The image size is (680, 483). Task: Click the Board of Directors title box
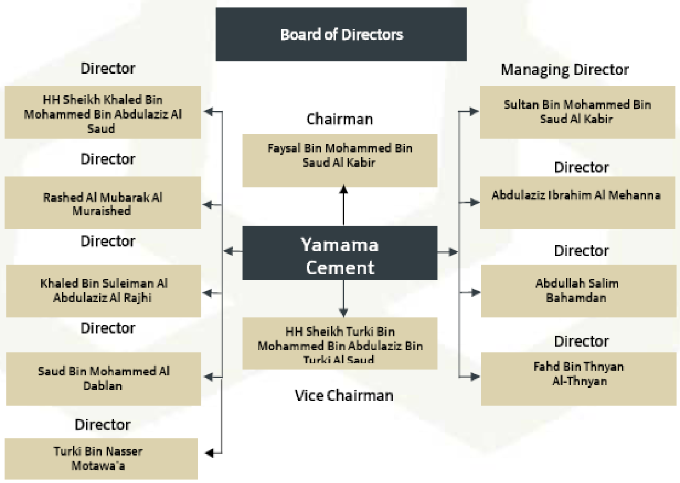tap(341, 34)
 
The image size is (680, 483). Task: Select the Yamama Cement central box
tap(339, 253)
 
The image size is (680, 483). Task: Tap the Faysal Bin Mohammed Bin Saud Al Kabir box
tap(339, 160)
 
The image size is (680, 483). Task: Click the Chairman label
tap(339, 119)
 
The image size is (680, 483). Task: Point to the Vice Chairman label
tap(344, 395)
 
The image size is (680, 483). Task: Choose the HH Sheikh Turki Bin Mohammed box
tap(339, 343)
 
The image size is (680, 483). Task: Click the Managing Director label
tap(565, 70)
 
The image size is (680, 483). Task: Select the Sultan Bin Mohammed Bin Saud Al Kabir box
tap(577, 112)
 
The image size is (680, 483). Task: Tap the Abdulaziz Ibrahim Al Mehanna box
tap(577, 202)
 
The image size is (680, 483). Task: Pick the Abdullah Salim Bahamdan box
tap(578, 290)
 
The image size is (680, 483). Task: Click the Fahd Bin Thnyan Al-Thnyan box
tap(578, 379)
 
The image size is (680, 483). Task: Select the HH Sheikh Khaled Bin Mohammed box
tap(103, 112)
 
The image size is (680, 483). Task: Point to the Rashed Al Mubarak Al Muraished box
tap(103, 203)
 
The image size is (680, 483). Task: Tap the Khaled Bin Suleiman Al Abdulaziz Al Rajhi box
tap(103, 290)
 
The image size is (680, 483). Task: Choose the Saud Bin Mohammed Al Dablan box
tap(103, 379)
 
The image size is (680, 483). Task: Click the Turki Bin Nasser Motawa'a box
tap(101, 458)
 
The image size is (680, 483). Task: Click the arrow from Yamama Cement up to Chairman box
tap(343, 206)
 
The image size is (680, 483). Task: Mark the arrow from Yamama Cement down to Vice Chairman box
tap(343, 299)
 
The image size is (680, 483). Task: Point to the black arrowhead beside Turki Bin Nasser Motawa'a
tap(210, 453)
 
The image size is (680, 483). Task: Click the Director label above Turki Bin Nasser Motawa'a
tap(103, 425)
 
